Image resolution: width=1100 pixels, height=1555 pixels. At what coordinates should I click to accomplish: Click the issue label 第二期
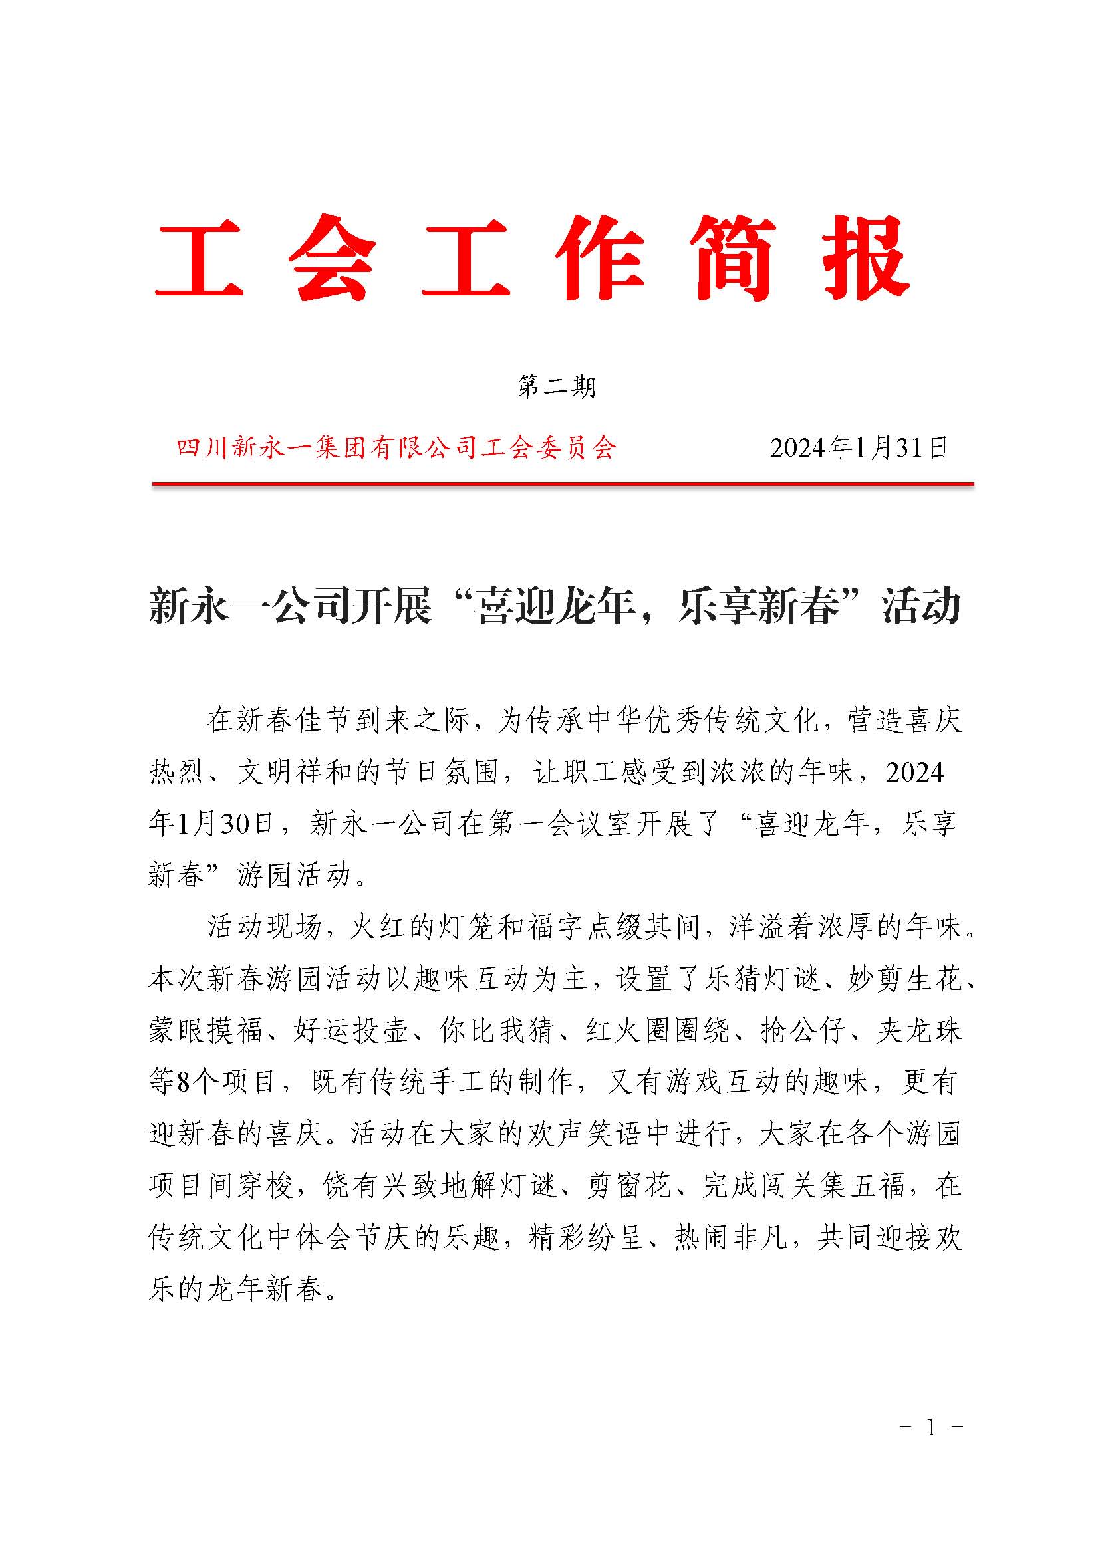coord(556,387)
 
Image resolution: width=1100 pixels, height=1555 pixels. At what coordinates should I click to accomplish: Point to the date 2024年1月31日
coord(858,447)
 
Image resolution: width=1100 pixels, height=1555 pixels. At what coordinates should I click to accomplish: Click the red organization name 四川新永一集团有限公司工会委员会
coord(396,447)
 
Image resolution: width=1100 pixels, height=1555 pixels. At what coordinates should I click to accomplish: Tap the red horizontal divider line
coord(562,484)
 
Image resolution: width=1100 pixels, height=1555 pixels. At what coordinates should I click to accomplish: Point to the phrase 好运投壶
coord(351,1030)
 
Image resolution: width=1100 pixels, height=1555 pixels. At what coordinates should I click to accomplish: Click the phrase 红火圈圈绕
coord(657,1030)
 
